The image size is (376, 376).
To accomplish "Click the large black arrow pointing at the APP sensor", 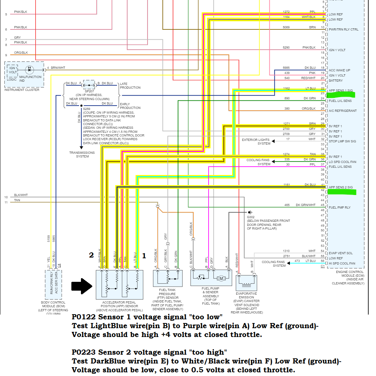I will click(x=82, y=286).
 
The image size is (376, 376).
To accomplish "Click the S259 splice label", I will click(x=87, y=109).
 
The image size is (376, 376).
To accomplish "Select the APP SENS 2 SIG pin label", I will click(x=340, y=187).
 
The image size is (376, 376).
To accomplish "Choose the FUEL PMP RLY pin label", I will click(x=340, y=207).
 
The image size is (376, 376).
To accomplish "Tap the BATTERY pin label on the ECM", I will click(x=336, y=81).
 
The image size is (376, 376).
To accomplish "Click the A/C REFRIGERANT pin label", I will click(x=343, y=111).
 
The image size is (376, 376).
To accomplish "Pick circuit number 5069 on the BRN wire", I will click(x=286, y=27).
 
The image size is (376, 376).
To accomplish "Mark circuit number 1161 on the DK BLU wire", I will click(x=286, y=185).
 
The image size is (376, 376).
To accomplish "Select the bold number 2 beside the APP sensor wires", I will click(x=91, y=255).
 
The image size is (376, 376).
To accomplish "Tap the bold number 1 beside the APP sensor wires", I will click(x=144, y=255).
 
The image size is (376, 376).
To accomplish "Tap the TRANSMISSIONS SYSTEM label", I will click(x=82, y=155).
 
